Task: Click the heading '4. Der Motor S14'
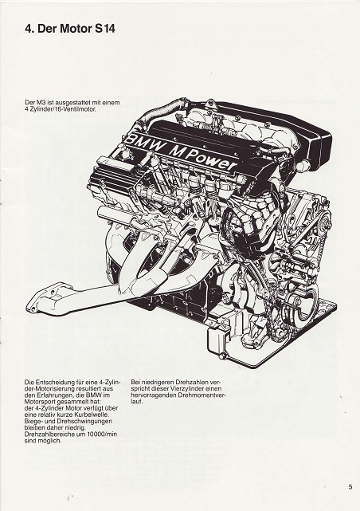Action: [x=70, y=29]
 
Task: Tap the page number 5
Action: [x=350, y=488]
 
